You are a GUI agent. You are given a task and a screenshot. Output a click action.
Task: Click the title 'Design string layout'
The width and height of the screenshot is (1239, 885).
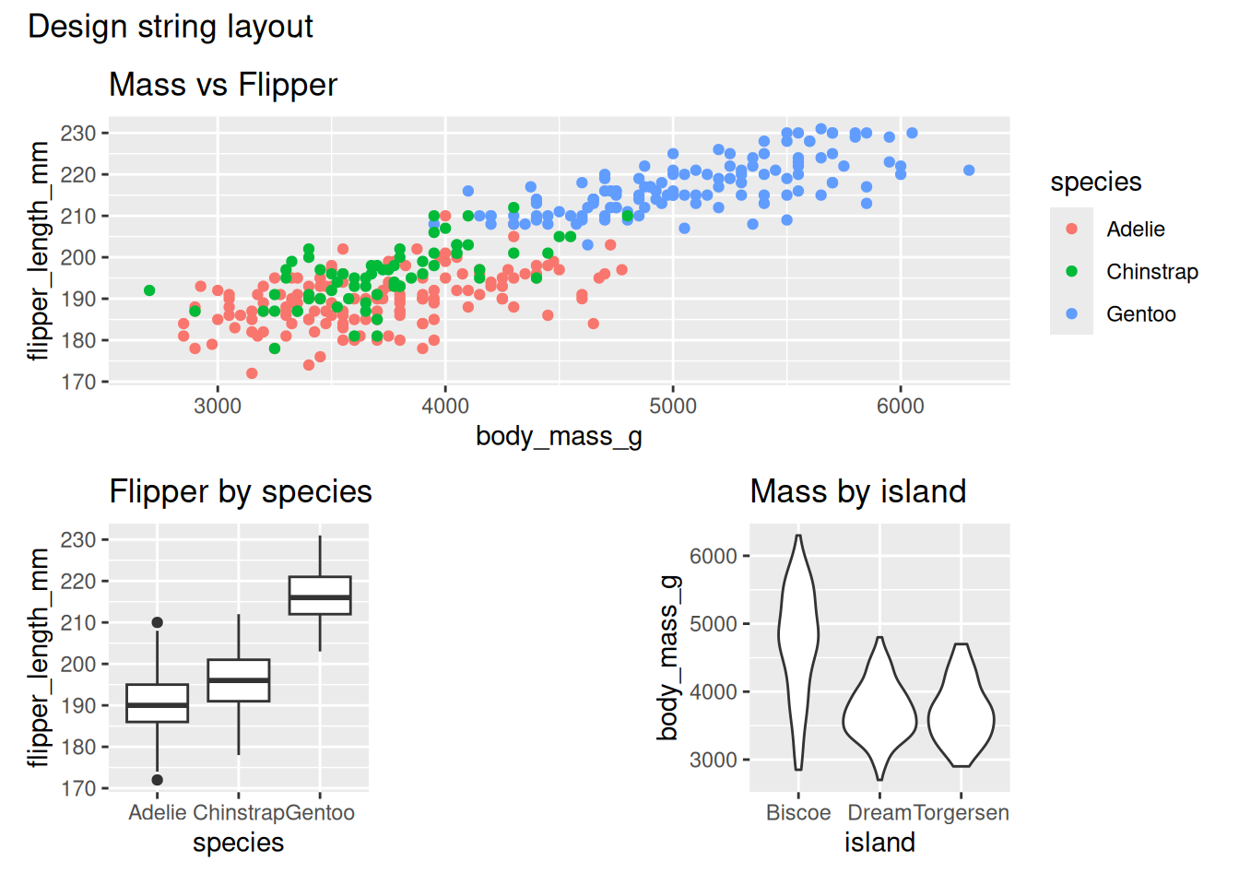click(x=171, y=27)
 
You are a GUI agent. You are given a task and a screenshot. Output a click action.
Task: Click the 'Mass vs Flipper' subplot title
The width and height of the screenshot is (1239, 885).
click(x=223, y=85)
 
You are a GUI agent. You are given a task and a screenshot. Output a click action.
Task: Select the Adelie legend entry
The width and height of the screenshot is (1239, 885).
click(x=1135, y=230)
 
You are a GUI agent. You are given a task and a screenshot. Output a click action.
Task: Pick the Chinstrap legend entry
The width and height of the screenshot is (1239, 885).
click(x=1151, y=272)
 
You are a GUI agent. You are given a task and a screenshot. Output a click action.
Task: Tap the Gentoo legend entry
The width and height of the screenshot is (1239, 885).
click(x=1140, y=314)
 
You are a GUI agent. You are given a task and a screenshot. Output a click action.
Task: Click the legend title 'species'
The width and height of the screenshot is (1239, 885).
click(x=1095, y=183)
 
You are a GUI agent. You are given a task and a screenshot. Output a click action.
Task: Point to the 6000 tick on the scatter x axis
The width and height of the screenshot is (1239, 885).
click(x=900, y=407)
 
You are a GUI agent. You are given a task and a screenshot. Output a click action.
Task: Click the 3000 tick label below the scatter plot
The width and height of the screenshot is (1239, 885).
click(x=218, y=407)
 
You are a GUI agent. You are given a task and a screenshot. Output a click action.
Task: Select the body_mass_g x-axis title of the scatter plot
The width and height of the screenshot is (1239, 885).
click(x=559, y=436)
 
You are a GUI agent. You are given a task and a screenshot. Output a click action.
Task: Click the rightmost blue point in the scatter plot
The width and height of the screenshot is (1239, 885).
click(x=969, y=171)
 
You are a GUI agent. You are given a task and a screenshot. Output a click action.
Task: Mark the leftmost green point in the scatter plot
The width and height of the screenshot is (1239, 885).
click(x=149, y=290)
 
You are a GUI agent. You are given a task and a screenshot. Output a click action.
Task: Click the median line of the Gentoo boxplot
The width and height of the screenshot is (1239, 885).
click(x=320, y=597)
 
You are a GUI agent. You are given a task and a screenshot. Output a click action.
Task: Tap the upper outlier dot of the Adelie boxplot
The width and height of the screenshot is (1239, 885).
click(x=158, y=623)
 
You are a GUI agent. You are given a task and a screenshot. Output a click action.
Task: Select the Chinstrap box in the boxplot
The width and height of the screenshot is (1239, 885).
click(x=239, y=680)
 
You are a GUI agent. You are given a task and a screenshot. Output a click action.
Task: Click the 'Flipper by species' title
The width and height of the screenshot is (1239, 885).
click(x=241, y=492)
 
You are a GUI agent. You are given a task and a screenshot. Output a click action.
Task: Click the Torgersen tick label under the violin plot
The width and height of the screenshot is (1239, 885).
click(x=961, y=813)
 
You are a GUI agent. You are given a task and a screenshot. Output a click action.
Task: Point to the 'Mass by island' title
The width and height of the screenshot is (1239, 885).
click(x=858, y=492)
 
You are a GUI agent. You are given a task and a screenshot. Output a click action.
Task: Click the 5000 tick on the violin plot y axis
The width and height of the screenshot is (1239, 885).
click(x=714, y=624)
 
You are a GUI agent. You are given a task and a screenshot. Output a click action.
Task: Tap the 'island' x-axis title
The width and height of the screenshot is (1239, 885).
click(x=879, y=843)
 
